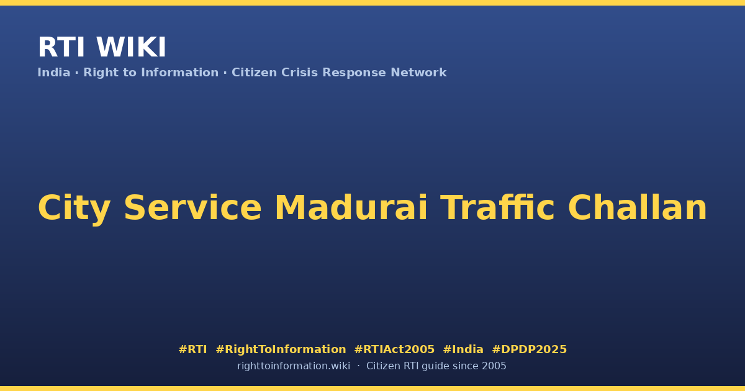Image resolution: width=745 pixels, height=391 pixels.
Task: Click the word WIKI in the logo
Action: pyautogui.click(x=131, y=47)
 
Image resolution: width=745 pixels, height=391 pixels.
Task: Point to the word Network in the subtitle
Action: pyautogui.click(x=418, y=73)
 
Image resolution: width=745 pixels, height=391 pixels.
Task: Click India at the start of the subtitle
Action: pyautogui.click(x=54, y=73)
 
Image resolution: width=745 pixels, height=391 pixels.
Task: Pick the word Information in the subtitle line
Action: pyautogui.click(x=179, y=73)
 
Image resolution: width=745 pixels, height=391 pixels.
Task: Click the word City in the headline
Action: pyautogui.click(x=74, y=209)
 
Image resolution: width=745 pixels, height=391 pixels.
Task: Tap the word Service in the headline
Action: pyautogui.click(x=192, y=207)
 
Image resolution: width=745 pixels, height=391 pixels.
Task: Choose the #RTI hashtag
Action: pyautogui.click(x=192, y=349)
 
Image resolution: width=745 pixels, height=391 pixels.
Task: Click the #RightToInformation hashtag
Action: pyautogui.click(x=281, y=349)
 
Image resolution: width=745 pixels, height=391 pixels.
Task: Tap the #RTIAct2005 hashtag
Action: pyautogui.click(x=394, y=349)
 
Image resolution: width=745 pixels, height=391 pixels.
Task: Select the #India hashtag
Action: pyautogui.click(x=463, y=349)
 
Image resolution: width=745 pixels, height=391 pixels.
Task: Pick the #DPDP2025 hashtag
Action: pyautogui.click(x=529, y=349)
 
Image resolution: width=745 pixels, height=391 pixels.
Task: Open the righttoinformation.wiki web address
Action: pyautogui.click(x=294, y=366)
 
